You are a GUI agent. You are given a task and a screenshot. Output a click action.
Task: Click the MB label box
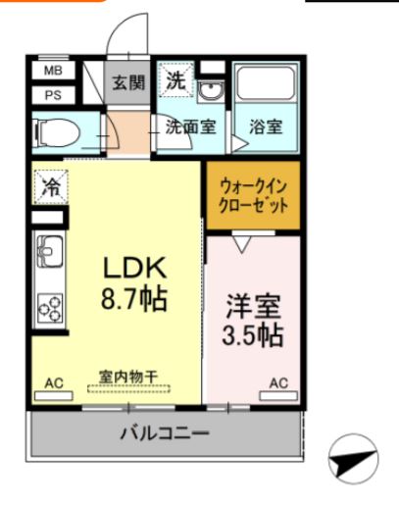pyautogui.click(x=52, y=72)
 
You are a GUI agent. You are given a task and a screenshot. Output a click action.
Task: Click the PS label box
pyautogui.click(x=52, y=95)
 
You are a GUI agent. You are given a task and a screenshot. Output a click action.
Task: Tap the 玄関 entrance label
pyautogui.click(x=125, y=82)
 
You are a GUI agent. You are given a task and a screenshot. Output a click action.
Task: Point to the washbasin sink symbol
pyautogui.click(x=211, y=90)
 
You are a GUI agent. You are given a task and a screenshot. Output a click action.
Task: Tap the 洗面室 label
pyautogui.click(x=190, y=126)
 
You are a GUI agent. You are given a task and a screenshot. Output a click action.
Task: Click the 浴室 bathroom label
pyautogui.click(x=266, y=126)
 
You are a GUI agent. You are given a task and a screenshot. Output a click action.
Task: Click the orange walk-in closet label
pyautogui.click(x=254, y=196)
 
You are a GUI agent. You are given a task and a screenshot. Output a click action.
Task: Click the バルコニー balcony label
pyautogui.click(x=165, y=431)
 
